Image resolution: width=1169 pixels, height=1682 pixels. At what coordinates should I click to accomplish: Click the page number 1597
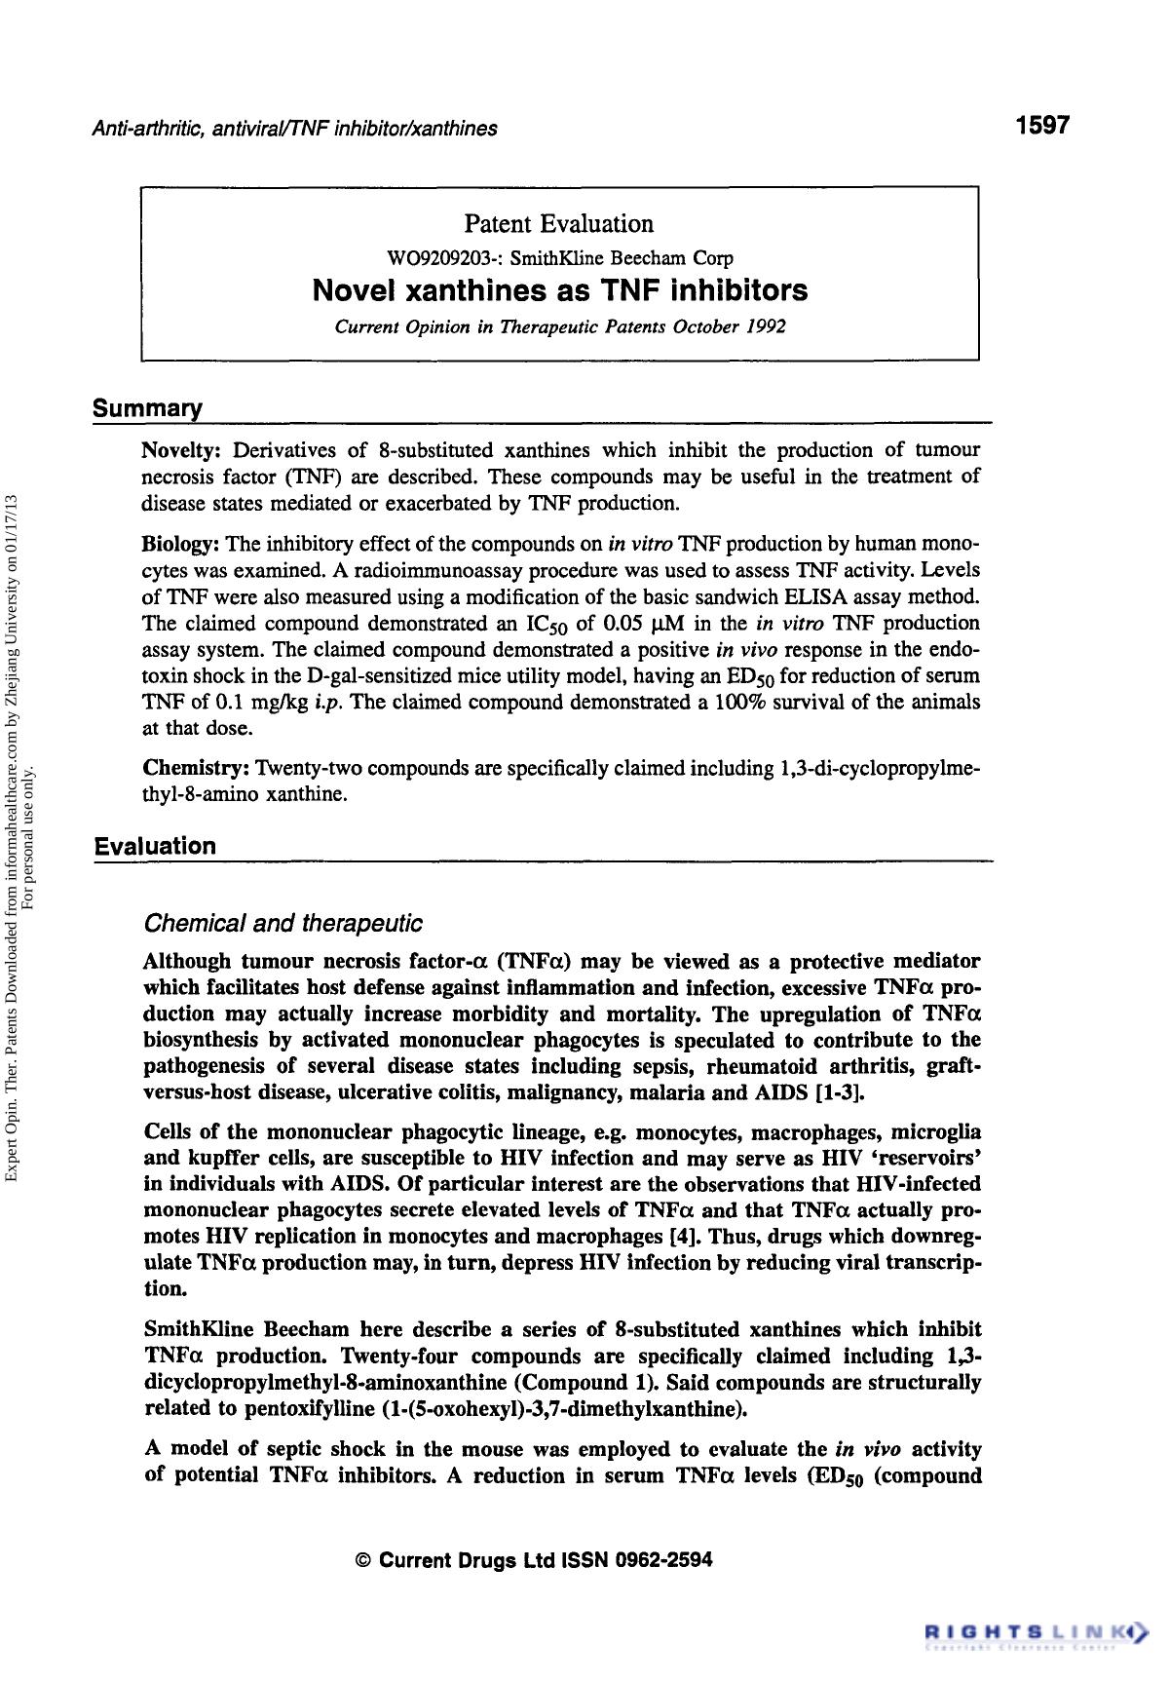coord(1041,126)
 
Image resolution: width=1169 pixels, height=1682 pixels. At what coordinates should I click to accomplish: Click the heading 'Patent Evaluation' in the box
coord(558,224)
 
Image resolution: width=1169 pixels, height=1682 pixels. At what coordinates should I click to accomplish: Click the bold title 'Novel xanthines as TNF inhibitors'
coord(560,290)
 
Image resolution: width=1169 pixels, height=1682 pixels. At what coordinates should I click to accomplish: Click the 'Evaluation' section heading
coord(155,846)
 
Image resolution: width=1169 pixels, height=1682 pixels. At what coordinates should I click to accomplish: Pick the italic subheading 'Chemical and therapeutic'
coord(283,922)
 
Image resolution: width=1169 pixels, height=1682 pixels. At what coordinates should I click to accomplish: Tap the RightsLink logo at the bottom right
coord(1035,1629)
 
